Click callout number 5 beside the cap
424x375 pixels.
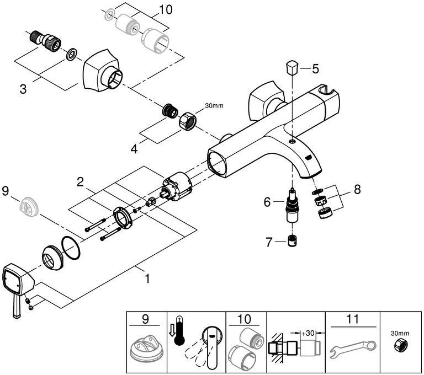[x=315, y=69]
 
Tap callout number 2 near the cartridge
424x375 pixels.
[x=80, y=181]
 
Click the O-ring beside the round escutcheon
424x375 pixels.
[x=71, y=246]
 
